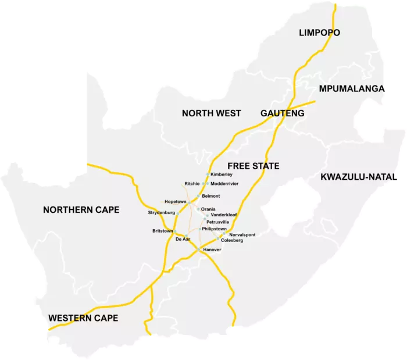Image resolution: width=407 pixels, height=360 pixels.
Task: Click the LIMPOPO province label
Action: point(319,33)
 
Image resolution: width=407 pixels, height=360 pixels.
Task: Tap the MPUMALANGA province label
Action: point(352,88)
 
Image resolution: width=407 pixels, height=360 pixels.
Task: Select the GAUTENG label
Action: point(283,113)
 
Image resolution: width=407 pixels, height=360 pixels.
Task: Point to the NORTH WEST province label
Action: point(212,113)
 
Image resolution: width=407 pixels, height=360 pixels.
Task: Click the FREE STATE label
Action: point(254,166)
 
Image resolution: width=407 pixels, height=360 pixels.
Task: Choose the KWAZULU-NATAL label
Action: point(358,177)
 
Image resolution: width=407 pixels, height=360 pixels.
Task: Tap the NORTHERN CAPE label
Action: point(81,209)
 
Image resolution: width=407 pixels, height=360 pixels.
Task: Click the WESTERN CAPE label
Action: point(83,318)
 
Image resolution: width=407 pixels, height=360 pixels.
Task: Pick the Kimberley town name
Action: point(222,174)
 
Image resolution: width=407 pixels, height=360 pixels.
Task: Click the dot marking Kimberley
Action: point(208,174)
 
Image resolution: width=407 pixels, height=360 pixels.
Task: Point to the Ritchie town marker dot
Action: point(202,184)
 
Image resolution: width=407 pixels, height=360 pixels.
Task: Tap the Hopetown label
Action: point(175,201)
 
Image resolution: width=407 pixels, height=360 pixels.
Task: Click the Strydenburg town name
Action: point(162,213)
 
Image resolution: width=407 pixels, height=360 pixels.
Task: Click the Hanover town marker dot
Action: point(200,249)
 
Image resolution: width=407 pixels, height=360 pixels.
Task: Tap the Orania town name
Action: point(208,209)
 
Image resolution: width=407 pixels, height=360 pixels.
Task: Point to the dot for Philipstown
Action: point(199,229)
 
